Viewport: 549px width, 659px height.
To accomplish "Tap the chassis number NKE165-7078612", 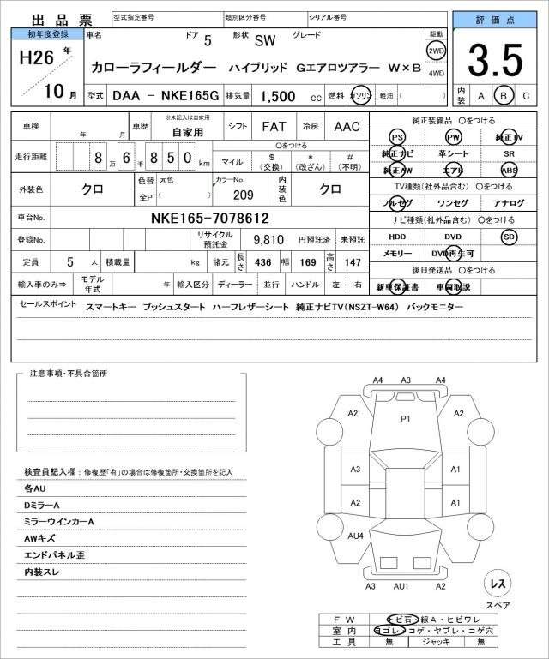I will (210, 219).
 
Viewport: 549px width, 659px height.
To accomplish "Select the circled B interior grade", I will (504, 96).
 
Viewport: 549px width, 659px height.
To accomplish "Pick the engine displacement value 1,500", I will (278, 97).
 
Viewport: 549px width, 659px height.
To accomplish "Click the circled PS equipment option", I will (397, 137).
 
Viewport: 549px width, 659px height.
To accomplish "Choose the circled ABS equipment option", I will (510, 170).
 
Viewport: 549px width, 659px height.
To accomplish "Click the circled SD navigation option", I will (509, 236).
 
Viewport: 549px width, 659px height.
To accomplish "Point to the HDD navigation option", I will (397, 236).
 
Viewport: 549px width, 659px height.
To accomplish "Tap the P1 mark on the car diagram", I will (406, 418).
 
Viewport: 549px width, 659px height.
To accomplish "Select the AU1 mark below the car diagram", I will (400, 586).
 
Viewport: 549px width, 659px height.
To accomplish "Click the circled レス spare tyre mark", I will (496, 584).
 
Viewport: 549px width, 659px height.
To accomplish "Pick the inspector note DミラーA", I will (43, 505).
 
